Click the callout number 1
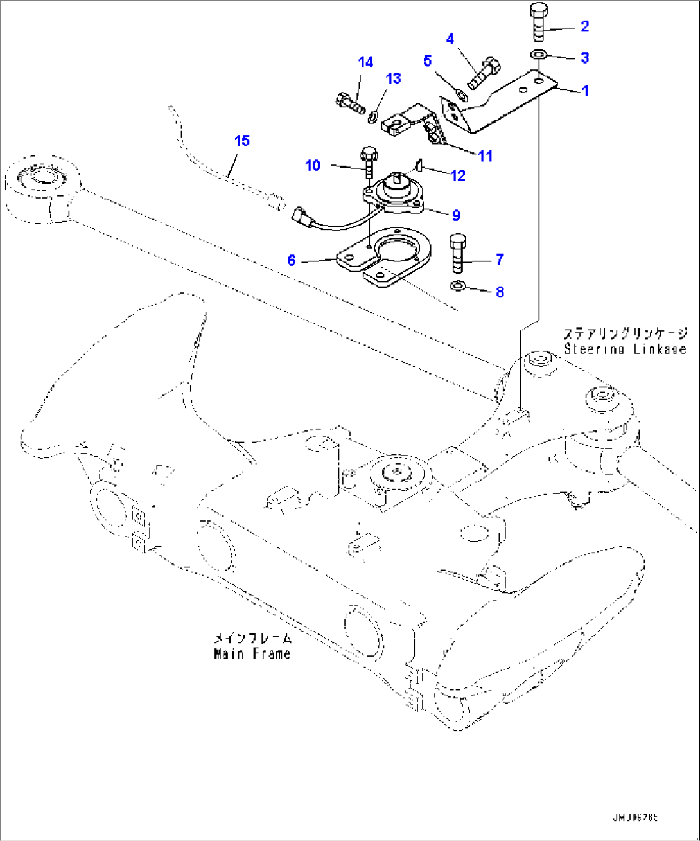[584, 91]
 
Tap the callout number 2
[584, 26]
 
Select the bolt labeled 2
[538, 23]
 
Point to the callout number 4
[450, 39]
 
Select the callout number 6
[292, 260]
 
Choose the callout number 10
[312, 166]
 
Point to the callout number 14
[365, 62]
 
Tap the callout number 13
[393, 78]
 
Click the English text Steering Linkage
[625, 349]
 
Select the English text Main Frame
[252, 653]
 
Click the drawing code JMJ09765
[634, 819]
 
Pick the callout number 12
[457, 175]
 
